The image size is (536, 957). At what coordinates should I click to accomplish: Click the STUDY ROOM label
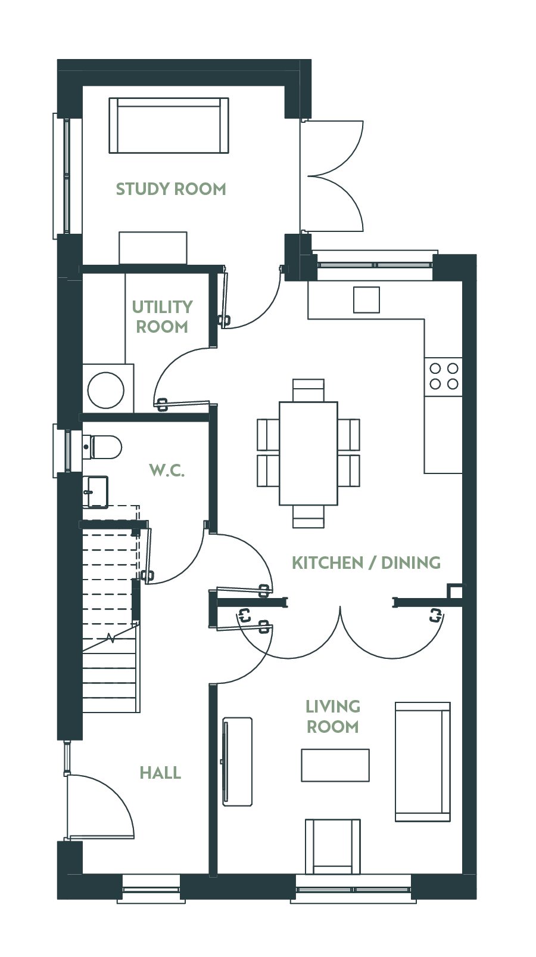pyautogui.click(x=171, y=189)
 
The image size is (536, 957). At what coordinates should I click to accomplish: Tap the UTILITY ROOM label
pyautogui.click(x=162, y=317)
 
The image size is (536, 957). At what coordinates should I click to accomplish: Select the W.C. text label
pyautogui.click(x=167, y=470)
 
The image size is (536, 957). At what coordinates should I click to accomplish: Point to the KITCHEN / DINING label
pyautogui.click(x=366, y=562)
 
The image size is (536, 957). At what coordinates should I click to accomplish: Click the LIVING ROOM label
pyautogui.click(x=332, y=716)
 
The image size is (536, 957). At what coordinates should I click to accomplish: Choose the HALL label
pyautogui.click(x=160, y=773)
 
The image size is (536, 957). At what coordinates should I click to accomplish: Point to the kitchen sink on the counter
pyautogui.click(x=366, y=300)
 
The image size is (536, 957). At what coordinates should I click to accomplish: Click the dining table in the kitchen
pyautogui.click(x=308, y=453)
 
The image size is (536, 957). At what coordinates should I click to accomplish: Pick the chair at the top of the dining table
pyautogui.click(x=308, y=390)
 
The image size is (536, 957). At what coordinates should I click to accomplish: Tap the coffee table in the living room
pyautogui.click(x=335, y=765)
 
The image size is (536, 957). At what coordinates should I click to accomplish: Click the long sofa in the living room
pyautogui.click(x=422, y=761)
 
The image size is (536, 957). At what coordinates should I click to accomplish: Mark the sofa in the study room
pyautogui.click(x=169, y=125)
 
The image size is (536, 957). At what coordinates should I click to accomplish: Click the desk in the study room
pyautogui.click(x=153, y=247)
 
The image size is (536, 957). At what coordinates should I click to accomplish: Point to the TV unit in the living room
pyautogui.click(x=236, y=761)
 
